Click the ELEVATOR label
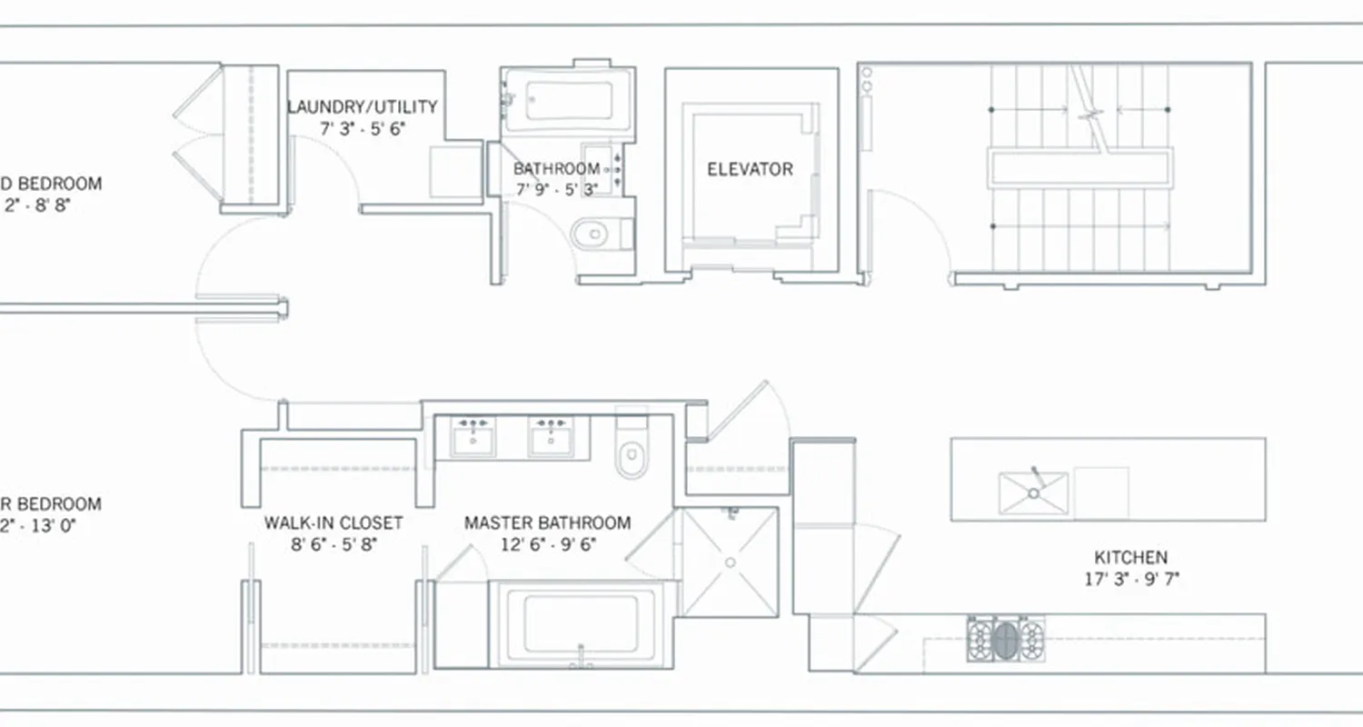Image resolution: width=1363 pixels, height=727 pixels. point(750,169)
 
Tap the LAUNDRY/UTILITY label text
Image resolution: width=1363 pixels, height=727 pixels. point(363,107)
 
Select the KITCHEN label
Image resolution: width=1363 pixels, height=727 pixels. point(1130,557)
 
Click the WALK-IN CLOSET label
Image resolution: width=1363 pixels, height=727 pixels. point(333,523)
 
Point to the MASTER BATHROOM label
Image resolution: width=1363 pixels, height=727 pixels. point(547,523)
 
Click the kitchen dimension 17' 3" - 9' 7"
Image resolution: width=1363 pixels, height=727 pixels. point(1130,578)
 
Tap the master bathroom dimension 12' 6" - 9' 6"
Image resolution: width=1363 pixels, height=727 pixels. point(547,544)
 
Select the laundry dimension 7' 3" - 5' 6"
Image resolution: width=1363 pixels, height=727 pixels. point(363,128)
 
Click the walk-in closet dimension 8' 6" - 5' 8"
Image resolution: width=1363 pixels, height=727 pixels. point(333,544)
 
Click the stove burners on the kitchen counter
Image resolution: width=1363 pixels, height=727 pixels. point(1005,639)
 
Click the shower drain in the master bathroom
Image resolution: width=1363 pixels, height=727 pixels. point(730,563)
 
